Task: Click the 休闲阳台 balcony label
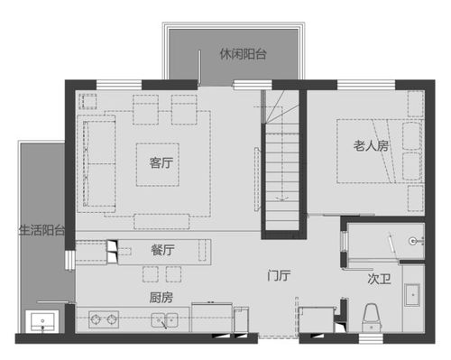tap(243, 54)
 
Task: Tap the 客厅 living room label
tap(161, 163)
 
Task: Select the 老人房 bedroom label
tap(369, 146)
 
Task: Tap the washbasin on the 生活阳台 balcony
tap(42, 321)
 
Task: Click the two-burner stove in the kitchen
tap(105, 318)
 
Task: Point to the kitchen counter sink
tap(164, 318)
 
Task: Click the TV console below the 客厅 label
tap(162, 219)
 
